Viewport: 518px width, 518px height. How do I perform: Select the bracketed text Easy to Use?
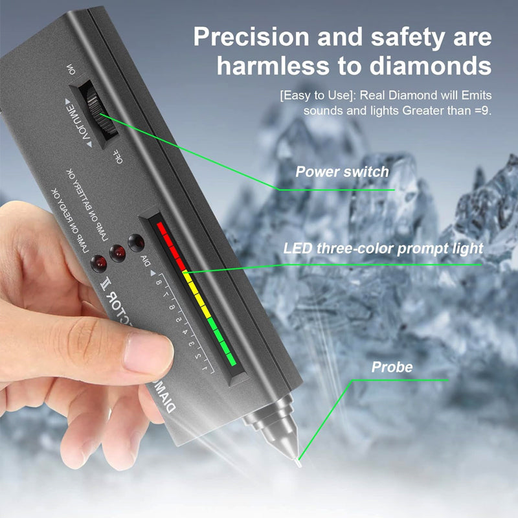[313, 95]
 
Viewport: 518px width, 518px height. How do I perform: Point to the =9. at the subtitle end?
[482, 110]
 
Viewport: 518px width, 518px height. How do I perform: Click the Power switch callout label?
[343, 172]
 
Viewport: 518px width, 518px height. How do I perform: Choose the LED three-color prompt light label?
[383, 248]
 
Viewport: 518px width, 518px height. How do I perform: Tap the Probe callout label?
[392, 367]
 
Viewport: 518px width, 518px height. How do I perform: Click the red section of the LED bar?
[172, 243]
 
